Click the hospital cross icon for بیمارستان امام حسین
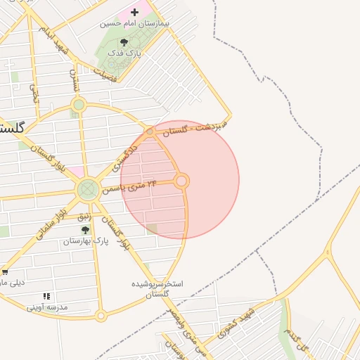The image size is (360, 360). coord(134,12)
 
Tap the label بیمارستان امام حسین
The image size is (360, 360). coord(135,23)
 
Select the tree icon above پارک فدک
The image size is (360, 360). coord(124,42)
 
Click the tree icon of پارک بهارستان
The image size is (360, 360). coord(85,230)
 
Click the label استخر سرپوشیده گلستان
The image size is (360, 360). coord(158,289)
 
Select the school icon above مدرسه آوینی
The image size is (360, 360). coord(46,297)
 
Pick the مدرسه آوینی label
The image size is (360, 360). coord(47,307)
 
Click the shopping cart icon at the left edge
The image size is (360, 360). coord(4,272)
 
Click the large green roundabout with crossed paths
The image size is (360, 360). coord(89,188)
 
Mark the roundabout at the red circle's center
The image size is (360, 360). coord(181,181)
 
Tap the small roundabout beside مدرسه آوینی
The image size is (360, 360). coord(101,316)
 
